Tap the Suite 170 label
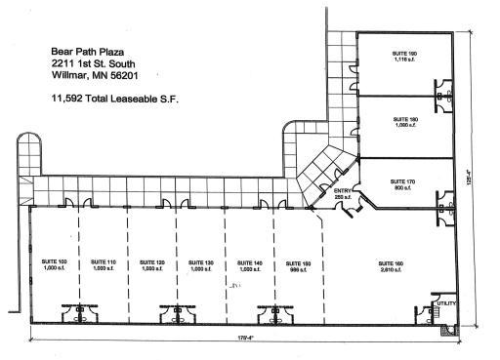point(403,183)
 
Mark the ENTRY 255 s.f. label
point(343,194)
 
